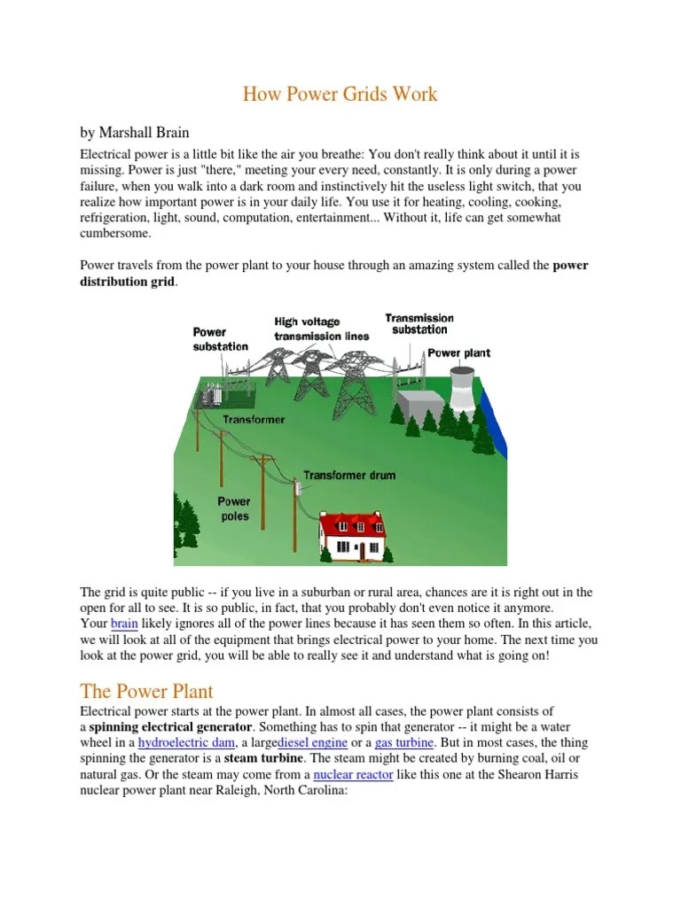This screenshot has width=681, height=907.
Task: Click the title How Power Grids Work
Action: point(340,93)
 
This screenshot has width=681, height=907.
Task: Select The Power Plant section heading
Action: point(147,690)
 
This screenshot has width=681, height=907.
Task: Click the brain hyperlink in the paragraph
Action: point(125,624)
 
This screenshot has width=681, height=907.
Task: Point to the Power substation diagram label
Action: point(220,339)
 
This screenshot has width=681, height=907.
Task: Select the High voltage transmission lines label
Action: point(307,329)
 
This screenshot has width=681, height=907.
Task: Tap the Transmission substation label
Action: point(419,323)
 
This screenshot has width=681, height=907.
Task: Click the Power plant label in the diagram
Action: point(458,353)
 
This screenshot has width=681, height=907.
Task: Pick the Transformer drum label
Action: point(349,475)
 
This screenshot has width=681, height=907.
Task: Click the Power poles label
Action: point(234,508)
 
